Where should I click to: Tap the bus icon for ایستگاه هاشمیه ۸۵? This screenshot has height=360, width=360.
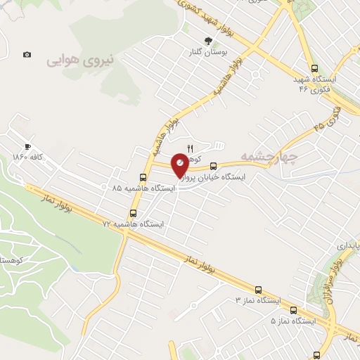(143, 177)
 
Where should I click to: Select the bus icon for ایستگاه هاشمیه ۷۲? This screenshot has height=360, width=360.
(134, 212)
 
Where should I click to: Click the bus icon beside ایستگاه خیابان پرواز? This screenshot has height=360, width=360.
(213, 167)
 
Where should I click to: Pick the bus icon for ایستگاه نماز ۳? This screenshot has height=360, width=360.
(258, 289)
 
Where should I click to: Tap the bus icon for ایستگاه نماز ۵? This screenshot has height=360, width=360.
(293, 309)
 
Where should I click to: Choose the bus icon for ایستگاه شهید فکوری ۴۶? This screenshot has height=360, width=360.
(314, 69)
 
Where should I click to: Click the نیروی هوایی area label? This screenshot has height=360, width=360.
(80, 61)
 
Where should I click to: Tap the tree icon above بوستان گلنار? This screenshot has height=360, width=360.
(207, 41)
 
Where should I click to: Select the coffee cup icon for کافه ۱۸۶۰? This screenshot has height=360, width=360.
(27, 146)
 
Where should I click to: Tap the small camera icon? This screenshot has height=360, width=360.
(27, 54)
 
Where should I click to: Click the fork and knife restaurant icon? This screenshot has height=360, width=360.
(189, 148)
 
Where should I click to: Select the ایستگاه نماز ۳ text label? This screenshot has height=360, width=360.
(257, 300)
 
